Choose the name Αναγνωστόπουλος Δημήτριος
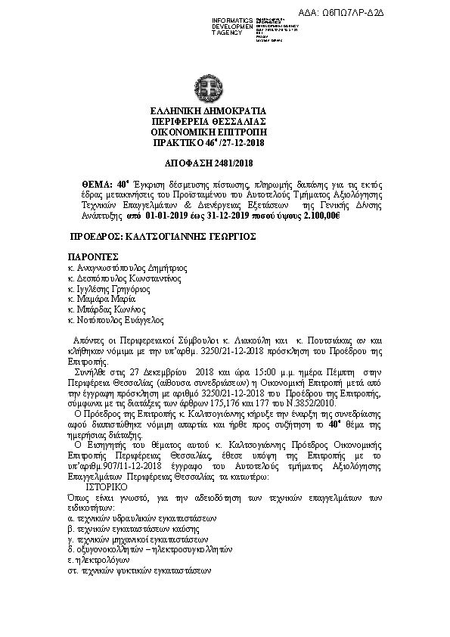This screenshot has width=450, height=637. coord(127,268)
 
